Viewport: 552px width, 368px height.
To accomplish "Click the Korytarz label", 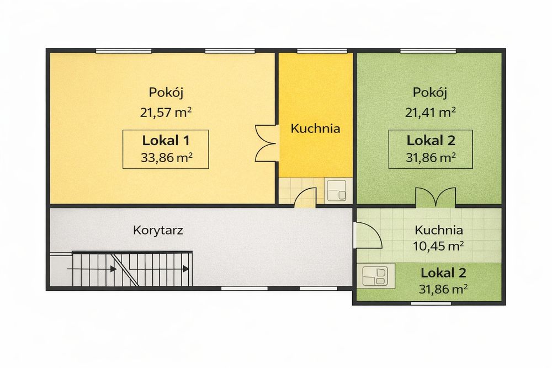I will pyautogui.click(x=158, y=230).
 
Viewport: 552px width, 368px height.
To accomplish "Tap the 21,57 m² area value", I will pyautogui.click(x=166, y=113).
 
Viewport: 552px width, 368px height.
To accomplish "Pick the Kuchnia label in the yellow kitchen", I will pyautogui.click(x=315, y=129).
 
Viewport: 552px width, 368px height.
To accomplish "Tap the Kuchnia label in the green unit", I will pyautogui.click(x=439, y=231).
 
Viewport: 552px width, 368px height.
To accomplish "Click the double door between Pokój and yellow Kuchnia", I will pyautogui.click(x=266, y=143).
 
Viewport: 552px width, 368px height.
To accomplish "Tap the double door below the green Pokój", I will pyautogui.click(x=434, y=197).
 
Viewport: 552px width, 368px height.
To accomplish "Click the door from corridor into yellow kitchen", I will pyautogui.click(x=305, y=198).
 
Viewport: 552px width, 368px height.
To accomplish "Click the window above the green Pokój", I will pyautogui.click(x=428, y=51).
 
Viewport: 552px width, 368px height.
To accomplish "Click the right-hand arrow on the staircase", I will pyautogui.click(x=185, y=269).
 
